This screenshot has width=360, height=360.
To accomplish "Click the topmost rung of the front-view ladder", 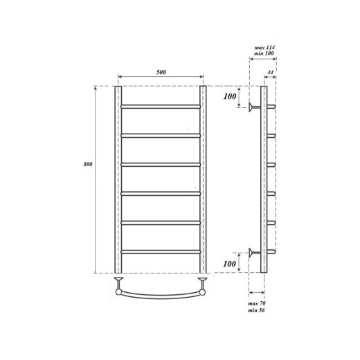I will click(161, 106).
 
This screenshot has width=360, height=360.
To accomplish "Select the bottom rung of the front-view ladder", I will click(161, 251).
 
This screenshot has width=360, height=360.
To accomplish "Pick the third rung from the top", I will click(161, 164).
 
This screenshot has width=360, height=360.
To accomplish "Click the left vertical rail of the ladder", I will click(119, 179).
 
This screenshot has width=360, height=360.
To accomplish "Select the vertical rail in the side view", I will click(263, 179).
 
